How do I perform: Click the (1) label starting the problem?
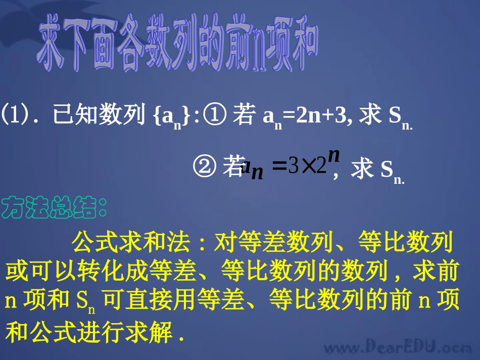[x=14, y=116]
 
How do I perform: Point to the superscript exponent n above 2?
[x=333, y=154]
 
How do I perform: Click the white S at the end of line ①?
[x=394, y=116]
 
